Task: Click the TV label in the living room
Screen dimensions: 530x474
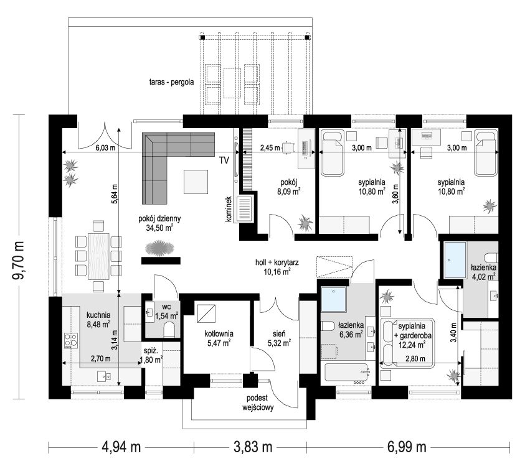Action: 224,160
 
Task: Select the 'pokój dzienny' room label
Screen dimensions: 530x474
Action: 159,218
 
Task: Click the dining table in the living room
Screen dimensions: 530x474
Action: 98,256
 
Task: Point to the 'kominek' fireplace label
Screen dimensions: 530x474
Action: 229,209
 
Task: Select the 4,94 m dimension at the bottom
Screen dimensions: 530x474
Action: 121,447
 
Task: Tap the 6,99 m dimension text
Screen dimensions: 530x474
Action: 407,447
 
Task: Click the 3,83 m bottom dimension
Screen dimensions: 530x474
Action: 253,447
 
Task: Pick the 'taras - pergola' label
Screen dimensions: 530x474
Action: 172,81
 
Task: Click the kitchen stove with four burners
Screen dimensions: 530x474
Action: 71,341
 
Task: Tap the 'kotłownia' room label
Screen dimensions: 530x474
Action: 219,334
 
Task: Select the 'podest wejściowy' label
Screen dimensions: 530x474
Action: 258,402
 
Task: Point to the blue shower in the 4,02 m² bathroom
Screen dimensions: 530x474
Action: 455,260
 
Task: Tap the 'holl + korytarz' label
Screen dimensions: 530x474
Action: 277,262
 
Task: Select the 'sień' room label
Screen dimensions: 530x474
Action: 279,334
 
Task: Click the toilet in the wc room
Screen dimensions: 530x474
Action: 169,330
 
